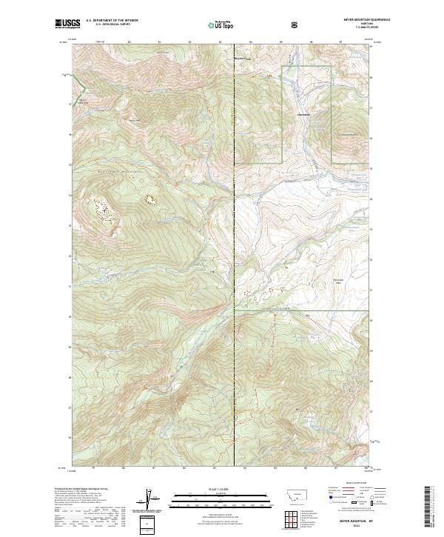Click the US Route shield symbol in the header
(x=295, y=24)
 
